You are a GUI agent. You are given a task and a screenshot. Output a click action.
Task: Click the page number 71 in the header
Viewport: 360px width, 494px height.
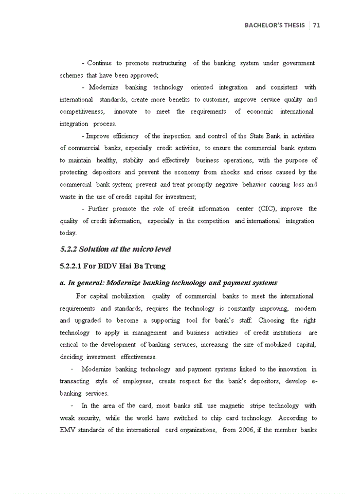(316, 25)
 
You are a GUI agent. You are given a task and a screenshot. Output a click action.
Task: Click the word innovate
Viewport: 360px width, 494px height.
(125, 112)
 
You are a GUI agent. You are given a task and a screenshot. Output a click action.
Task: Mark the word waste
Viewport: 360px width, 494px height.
(68, 197)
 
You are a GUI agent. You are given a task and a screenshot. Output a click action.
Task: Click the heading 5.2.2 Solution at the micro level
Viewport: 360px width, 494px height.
(115, 249)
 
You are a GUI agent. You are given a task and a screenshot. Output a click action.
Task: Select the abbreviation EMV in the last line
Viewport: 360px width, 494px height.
(68, 430)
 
